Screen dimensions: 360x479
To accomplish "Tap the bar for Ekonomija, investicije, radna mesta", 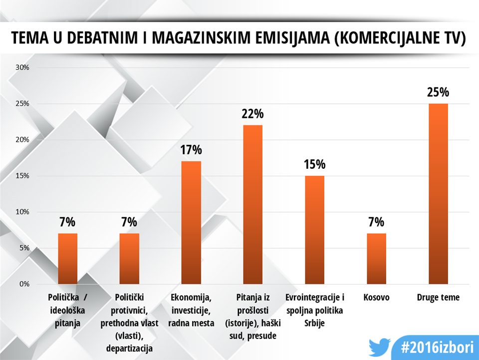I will [191, 223].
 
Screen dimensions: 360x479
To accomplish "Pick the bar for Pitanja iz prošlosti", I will [252, 205].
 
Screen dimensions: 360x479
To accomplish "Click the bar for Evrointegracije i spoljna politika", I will [314, 230].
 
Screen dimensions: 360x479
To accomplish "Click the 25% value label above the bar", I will [438, 92].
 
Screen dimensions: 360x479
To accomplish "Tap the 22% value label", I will [252, 114].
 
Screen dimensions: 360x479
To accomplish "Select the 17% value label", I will [191, 150].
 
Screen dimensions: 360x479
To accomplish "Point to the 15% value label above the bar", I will [314, 164].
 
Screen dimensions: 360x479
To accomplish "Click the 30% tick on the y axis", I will [23, 67].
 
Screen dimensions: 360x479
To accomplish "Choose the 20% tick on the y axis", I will [23, 140].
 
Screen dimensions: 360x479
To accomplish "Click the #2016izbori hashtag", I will [433, 347].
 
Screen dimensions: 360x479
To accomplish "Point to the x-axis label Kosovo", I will [376, 298].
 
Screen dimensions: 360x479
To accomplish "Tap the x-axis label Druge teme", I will [438, 298].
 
